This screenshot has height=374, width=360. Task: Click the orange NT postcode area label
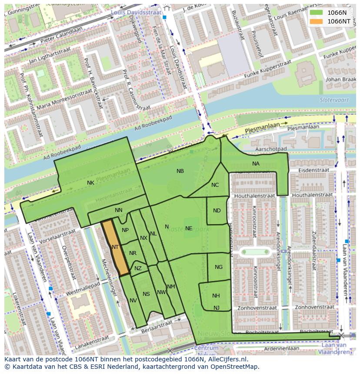[115, 247]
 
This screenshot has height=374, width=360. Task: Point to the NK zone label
[90, 183]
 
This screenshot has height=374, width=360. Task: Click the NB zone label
[180, 171]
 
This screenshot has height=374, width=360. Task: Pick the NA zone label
[256, 164]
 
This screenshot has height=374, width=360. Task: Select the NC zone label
[215, 185]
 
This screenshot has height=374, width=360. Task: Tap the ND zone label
[217, 211]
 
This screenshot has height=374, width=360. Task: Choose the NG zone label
[219, 267]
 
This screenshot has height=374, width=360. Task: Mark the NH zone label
[216, 296]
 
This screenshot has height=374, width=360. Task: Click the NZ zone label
[138, 268]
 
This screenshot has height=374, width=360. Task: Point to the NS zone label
[146, 294]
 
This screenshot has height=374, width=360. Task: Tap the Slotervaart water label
[332, 99]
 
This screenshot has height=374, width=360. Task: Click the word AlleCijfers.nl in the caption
[226, 359]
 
